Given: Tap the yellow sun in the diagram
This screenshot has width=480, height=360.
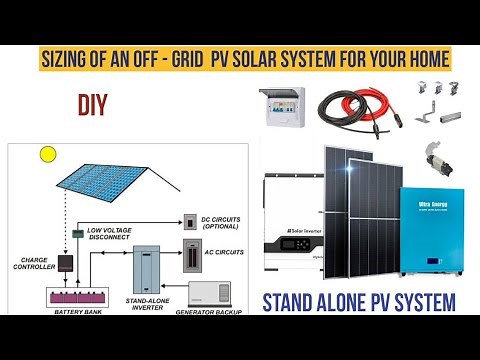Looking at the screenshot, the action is (x=47, y=155).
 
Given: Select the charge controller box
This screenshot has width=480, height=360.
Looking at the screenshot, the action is (x=65, y=264).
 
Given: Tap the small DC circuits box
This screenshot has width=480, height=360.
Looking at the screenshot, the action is (x=189, y=219).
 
